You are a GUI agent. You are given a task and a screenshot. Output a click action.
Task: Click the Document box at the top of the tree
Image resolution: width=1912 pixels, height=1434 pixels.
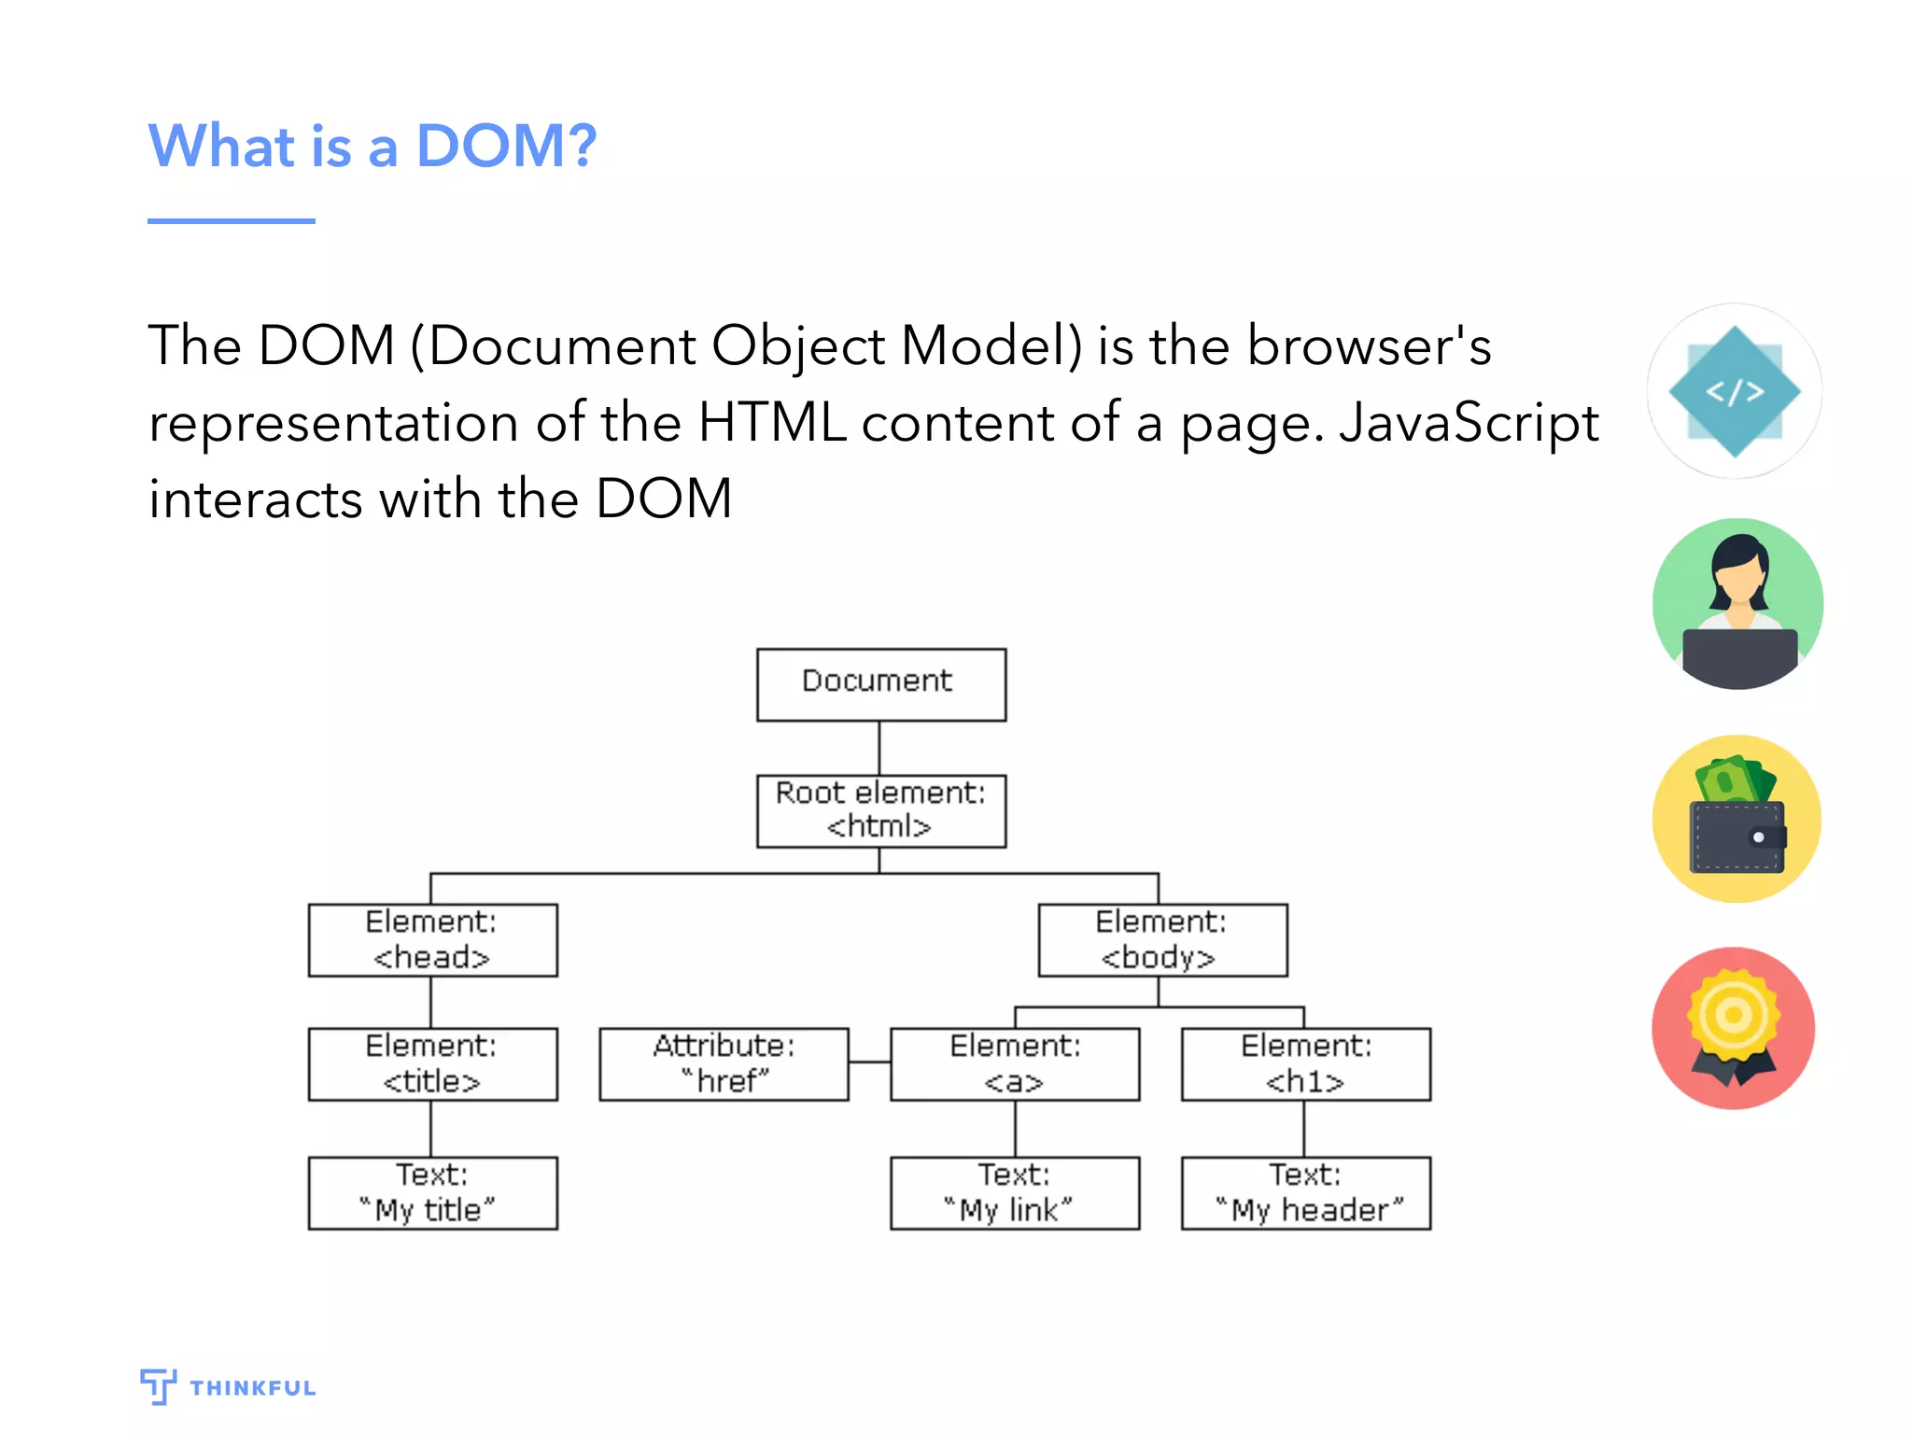(x=880, y=684)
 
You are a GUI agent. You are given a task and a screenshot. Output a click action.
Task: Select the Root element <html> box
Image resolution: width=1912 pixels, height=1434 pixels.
(x=880, y=810)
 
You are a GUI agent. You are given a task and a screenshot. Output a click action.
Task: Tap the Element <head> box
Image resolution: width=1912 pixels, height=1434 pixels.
(x=432, y=939)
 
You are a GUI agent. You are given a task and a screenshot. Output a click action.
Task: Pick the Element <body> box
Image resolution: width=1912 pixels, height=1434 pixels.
(x=1162, y=939)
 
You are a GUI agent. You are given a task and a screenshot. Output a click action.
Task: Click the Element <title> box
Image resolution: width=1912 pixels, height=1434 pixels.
(x=432, y=1064)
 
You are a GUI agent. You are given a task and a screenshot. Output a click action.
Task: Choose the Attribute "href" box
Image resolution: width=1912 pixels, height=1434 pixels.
(x=724, y=1064)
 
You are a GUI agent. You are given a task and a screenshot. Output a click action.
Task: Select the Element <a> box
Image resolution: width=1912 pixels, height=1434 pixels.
(x=1015, y=1064)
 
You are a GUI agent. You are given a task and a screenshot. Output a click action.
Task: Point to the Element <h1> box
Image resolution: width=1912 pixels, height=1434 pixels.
(x=1305, y=1064)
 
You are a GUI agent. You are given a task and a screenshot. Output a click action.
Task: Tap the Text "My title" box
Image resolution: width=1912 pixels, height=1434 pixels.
(x=432, y=1193)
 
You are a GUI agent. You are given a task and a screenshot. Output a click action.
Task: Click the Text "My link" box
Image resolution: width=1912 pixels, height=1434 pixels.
(x=1015, y=1193)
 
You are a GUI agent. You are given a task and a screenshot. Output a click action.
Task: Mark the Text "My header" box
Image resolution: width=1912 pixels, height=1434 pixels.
(x=1305, y=1193)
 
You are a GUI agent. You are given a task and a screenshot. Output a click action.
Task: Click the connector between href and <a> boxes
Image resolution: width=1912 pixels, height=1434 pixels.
(x=869, y=1062)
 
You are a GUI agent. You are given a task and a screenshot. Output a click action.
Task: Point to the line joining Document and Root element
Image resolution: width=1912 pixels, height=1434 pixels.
(x=879, y=748)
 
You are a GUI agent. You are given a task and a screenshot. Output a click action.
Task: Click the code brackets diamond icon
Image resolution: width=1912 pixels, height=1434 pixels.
(x=1735, y=391)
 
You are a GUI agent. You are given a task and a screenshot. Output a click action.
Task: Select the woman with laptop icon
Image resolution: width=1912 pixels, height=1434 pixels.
(x=1737, y=604)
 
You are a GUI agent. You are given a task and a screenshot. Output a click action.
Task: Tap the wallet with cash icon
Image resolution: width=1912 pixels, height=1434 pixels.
(x=1736, y=819)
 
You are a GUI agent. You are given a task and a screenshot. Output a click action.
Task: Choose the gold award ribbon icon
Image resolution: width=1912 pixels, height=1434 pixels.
(x=1734, y=1028)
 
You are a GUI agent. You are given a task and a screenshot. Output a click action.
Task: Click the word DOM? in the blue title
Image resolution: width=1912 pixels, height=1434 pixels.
(x=505, y=147)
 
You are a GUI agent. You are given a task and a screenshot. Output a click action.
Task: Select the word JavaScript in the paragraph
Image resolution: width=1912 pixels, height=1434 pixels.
(x=1469, y=423)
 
